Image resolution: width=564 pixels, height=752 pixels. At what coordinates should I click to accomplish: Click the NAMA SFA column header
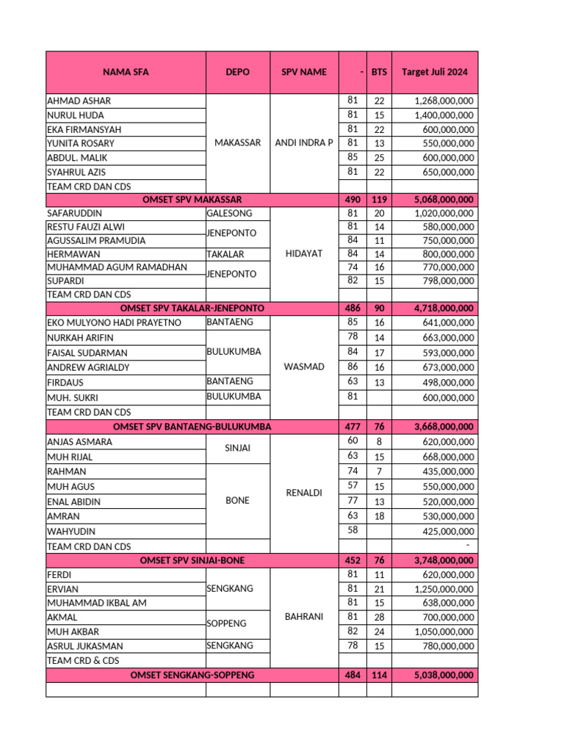(125, 72)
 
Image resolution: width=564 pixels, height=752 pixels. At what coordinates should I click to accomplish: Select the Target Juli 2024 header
(434, 72)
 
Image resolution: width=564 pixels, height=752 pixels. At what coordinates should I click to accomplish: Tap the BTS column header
(379, 72)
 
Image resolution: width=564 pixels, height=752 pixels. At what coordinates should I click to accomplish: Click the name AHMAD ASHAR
(79, 101)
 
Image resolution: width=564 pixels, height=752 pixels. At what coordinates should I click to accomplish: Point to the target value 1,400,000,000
(444, 115)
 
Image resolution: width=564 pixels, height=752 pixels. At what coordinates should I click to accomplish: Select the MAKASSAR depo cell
(237, 143)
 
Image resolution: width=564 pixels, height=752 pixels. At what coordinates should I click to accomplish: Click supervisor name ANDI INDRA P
(303, 143)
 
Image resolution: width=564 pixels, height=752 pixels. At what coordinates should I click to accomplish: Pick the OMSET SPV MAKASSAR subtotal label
(192, 199)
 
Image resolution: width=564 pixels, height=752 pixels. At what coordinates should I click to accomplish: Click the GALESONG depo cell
(230, 213)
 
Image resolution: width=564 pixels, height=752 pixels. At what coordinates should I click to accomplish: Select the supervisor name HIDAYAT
(303, 253)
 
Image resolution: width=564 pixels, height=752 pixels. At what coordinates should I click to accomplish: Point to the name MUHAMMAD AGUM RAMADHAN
(117, 267)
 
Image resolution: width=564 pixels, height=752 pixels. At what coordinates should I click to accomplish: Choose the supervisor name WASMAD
(303, 366)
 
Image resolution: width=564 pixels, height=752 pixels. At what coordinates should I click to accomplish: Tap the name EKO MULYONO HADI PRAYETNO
(114, 322)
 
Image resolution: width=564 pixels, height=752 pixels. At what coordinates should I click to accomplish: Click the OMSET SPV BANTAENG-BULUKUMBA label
(192, 427)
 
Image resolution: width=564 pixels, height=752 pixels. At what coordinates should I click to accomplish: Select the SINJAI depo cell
(237, 449)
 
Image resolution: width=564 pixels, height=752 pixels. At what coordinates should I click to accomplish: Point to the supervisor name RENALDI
(303, 493)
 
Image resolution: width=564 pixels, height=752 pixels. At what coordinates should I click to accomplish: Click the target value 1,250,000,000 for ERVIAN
(444, 589)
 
